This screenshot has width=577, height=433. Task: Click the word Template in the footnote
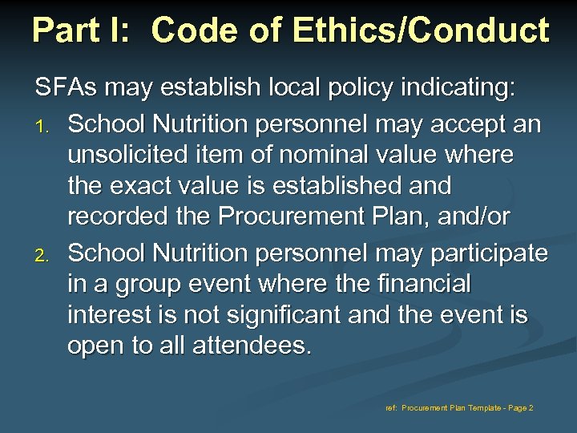(475, 408)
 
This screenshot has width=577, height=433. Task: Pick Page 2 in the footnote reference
(518, 408)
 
